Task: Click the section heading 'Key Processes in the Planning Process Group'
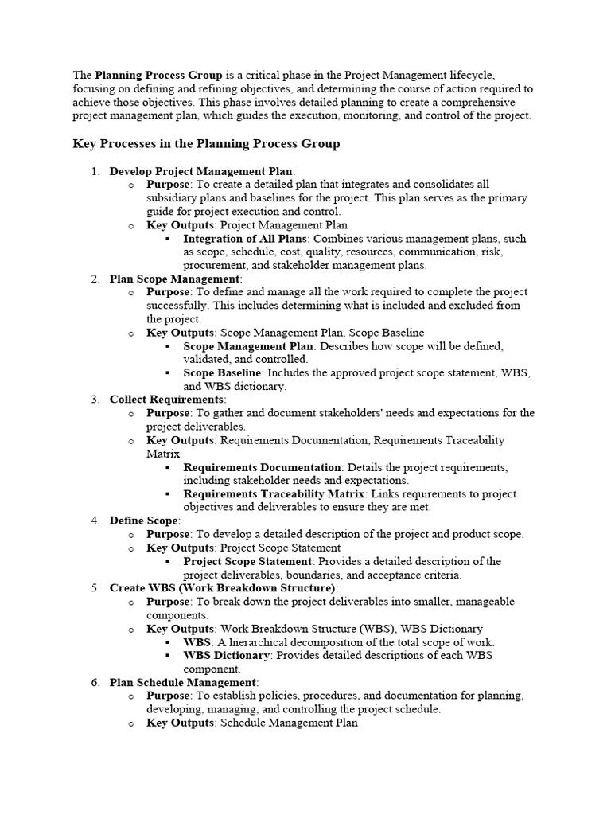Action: pos(206,144)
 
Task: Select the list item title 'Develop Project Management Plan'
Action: pos(201,171)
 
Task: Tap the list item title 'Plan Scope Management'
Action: pos(175,279)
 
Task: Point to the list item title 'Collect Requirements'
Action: pos(167,400)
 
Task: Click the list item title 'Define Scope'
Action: pos(144,521)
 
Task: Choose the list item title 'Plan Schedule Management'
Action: pos(183,682)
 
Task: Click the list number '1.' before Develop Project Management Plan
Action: pos(95,171)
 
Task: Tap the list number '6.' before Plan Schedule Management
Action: pos(95,682)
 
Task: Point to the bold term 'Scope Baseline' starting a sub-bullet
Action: pos(222,372)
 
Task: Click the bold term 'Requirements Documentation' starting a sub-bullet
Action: pos(262,467)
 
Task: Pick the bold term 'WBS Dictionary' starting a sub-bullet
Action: pos(228,655)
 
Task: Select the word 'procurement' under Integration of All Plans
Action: pos(212,265)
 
